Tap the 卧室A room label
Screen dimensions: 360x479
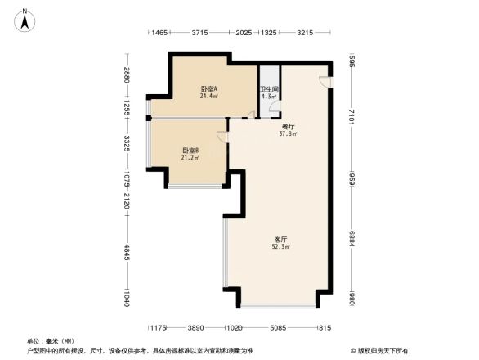tap(208, 88)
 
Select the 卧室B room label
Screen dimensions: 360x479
tap(190, 150)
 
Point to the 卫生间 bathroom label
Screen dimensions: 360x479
tap(270, 90)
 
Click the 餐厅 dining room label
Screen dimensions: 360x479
tap(288, 126)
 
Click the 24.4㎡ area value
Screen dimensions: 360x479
tap(208, 97)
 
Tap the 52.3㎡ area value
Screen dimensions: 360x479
tap(281, 246)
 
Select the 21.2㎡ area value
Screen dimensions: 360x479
tap(190, 158)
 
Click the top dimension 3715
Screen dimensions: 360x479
tap(199, 33)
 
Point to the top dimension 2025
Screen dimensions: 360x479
tap(244, 33)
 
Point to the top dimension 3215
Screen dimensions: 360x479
tap(305, 33)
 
